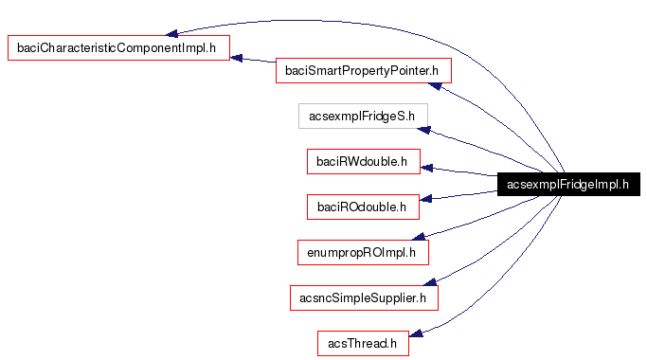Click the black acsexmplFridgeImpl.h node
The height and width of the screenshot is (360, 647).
[567, 185]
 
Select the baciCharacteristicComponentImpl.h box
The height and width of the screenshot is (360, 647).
[118, 46]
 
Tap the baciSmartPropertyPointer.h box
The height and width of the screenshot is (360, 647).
[363, 70]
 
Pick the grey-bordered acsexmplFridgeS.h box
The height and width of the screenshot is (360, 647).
[363, 117]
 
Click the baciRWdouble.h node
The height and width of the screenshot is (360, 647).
[363, 162]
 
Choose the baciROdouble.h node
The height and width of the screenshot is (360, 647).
[363, 206]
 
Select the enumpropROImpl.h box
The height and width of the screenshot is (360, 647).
[363, 252]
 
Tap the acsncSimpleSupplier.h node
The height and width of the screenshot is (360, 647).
[363, 297]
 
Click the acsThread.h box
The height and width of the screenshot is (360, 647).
[363, 343]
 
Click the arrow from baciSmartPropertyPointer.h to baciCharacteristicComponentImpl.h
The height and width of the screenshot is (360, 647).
[253, 63]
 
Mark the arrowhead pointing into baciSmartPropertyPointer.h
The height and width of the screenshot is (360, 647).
[435, 86]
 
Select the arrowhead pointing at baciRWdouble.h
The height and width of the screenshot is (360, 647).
[427, 169]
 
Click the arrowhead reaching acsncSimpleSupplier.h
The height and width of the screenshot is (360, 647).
[429, 281]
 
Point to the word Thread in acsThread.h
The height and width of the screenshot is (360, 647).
[372, 343]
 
